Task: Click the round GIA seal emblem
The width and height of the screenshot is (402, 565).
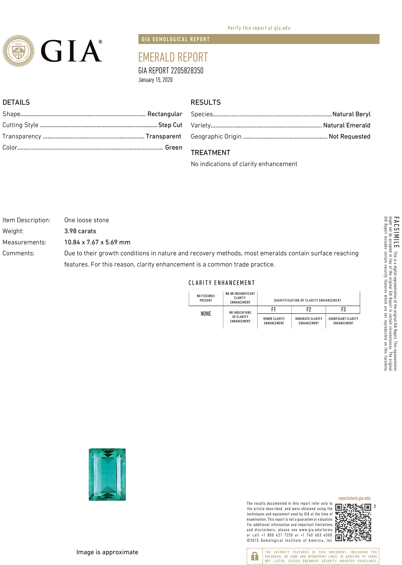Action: point(18,51)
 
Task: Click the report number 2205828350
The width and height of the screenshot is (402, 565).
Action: point(187,71)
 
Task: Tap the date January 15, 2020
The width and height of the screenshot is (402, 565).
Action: point(155,80)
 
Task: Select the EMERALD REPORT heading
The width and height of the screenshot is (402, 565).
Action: point(173,57)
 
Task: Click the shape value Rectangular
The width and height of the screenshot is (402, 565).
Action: point(165,114)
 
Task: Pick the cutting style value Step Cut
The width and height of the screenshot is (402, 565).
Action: point(170,125)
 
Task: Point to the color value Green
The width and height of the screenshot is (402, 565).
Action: point(173,147)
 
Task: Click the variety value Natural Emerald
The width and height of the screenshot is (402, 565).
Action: point(347,125)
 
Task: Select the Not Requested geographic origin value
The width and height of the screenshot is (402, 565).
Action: point(349,137)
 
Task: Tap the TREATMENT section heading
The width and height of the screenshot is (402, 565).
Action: point(210,153)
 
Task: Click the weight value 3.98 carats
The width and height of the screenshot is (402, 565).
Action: point(80,231)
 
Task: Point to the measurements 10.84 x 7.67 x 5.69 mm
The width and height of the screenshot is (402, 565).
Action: point(97,242)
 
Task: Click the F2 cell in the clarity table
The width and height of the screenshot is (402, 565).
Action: point(308,310)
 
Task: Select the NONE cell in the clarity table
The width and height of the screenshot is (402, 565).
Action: point(206,314)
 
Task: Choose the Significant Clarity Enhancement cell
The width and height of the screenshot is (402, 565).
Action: point(343,321)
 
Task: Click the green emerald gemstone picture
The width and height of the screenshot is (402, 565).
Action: point(107,474)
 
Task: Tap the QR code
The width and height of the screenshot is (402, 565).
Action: point(353,522)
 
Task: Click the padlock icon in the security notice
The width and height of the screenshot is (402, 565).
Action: point(254,556)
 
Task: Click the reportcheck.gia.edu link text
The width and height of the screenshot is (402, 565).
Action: point(354,498)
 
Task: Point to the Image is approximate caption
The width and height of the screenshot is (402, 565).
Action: point(107,552)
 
